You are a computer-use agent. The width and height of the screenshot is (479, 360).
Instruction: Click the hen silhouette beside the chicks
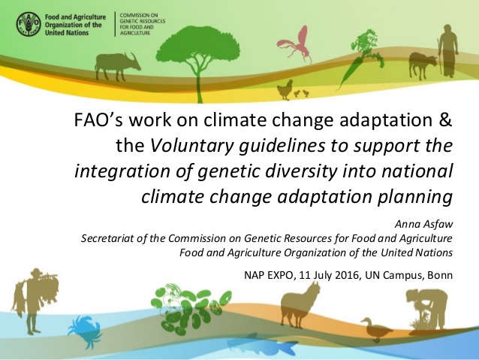click(285, 89)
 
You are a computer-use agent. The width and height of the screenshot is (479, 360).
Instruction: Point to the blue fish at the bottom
click(263, 345)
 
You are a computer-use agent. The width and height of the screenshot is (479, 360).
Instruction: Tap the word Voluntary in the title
click(192, 147)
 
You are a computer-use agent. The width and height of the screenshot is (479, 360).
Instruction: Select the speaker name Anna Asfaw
click(423, 224)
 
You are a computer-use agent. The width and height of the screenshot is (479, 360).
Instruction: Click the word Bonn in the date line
click(440, 275)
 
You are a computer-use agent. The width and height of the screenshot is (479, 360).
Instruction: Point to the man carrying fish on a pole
click(36, 301)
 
